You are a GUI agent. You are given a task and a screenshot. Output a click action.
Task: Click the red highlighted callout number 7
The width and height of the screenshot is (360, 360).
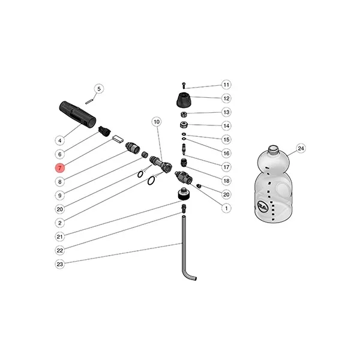60,168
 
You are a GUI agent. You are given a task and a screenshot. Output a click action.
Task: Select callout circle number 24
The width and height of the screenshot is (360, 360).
301,149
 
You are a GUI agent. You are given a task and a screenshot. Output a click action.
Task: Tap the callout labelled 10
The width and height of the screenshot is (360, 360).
157,122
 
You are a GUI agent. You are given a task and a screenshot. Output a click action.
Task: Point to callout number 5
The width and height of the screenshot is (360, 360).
99,89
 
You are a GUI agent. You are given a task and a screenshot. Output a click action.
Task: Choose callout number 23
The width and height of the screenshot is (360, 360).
60,264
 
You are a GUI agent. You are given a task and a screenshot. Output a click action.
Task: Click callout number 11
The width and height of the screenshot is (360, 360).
226,85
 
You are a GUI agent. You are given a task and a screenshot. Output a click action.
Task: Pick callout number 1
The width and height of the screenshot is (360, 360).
226,208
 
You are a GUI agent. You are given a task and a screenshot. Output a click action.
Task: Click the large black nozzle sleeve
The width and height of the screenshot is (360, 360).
77,114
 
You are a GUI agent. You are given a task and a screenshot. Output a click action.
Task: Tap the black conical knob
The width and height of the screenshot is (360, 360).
184,100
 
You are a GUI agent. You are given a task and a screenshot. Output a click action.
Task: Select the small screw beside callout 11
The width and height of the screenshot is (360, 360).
184,85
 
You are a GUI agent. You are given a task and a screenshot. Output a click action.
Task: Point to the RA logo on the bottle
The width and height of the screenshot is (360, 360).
262,205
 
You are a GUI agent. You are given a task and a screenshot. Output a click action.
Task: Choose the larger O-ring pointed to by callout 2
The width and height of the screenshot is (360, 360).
151,181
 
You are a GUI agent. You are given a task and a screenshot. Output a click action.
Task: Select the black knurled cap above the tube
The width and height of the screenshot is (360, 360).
184,194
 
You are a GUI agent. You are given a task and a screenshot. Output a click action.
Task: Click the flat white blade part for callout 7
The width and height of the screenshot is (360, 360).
118,139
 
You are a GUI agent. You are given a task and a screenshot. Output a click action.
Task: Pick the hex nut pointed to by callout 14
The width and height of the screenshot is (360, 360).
184,125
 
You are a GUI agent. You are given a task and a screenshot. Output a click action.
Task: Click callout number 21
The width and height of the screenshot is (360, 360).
60,236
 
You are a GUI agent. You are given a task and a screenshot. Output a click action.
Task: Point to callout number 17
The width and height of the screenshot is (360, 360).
226,167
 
